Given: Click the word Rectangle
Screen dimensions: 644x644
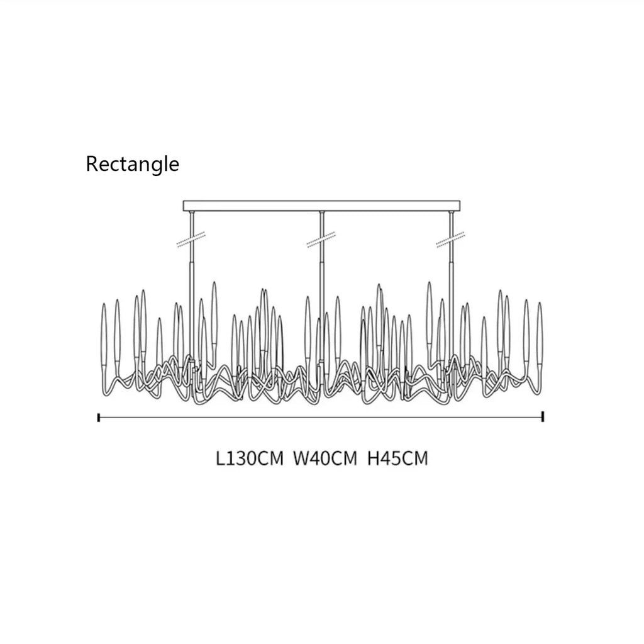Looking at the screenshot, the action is tap(132, 165).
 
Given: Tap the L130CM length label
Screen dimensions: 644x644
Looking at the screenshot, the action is tap(250, 458).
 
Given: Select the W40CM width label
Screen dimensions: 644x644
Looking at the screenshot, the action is tap(325, 458).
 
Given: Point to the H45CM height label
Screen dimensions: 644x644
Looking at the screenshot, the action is tap(397, 458).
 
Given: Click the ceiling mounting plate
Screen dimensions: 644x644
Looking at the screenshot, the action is tap(321, 206).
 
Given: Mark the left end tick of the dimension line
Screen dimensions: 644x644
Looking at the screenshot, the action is tap(99, 418).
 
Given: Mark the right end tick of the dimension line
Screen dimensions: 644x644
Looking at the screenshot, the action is tap(543, 417).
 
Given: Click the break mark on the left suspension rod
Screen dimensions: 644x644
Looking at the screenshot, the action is tap(191, 240).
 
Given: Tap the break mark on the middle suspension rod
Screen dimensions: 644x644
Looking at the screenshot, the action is tap(321, 240).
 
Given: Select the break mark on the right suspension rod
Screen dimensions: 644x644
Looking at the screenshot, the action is tap(450, 240).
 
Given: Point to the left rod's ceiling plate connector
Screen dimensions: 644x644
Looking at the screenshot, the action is tap(191, 213).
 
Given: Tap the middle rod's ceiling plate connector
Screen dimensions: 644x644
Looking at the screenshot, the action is tap(321, 213).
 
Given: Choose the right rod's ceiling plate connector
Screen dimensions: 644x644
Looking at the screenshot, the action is tap(452, 213).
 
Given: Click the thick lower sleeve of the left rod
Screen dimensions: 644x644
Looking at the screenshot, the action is tap(192, 312).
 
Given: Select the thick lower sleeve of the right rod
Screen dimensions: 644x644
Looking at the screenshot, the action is tap(452, 312).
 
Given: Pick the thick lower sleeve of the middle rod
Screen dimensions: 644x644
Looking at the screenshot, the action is tap(321, 312).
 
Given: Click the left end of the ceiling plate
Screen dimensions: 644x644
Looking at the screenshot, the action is tap(183, 206).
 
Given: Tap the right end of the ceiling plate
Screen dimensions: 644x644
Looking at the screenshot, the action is tap(460, 206).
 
